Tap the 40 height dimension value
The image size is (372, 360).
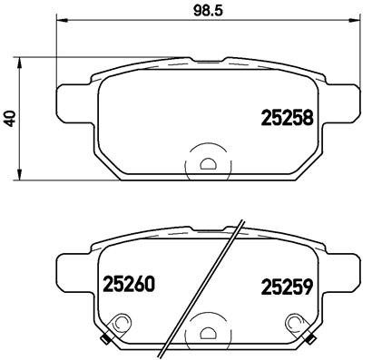click(11, 119)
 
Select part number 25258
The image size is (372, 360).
click(288, 119)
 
